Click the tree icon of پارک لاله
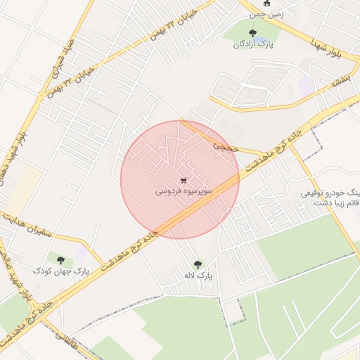[x=197, y=264]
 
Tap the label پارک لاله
[x=198, y=275]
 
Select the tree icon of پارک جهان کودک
[x=60, y=259]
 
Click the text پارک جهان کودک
[x=61, y=271]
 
